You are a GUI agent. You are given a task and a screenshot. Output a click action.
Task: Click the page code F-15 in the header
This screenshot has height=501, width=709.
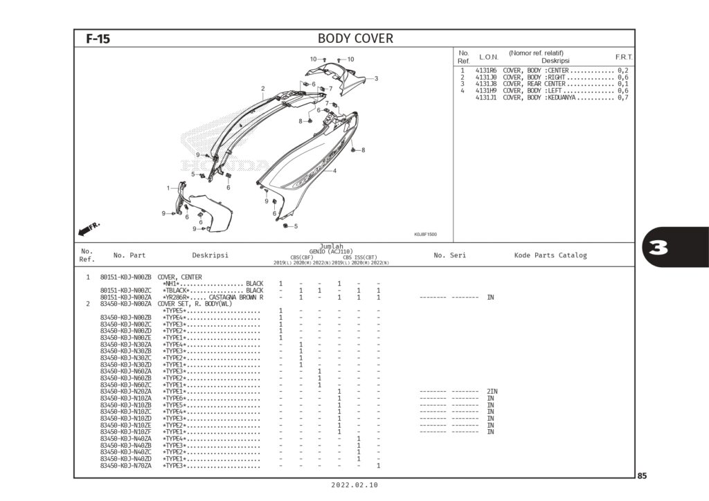98,39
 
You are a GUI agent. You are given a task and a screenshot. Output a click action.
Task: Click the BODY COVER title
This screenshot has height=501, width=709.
355,38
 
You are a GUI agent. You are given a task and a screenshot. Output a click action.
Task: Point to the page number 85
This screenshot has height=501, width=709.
642,475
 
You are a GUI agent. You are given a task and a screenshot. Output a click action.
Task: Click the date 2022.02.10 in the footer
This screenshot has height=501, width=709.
355,486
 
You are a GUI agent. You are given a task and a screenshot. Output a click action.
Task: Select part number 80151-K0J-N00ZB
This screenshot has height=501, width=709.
125,277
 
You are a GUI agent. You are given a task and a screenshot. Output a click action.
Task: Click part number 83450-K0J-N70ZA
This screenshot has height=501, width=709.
125,466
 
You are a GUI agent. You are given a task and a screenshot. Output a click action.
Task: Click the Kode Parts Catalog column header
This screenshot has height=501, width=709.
550,255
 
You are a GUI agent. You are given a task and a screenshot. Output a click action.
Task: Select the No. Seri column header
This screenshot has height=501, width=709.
449,255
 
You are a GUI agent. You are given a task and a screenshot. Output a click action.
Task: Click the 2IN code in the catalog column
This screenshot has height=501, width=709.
492,392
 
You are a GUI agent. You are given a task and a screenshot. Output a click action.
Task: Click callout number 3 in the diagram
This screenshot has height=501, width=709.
376,78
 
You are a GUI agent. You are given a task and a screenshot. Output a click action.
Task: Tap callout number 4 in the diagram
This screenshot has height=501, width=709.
335,170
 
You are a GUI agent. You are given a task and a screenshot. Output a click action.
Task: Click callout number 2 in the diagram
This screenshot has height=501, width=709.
263,88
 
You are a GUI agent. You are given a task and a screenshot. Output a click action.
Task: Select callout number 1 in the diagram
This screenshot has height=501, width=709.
168,188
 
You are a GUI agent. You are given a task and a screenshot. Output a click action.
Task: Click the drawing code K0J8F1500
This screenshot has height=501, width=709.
425,234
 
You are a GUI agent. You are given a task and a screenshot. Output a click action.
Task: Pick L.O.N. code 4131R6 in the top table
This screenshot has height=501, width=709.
486,71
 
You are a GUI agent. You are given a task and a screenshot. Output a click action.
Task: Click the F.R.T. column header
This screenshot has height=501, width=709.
625,57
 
